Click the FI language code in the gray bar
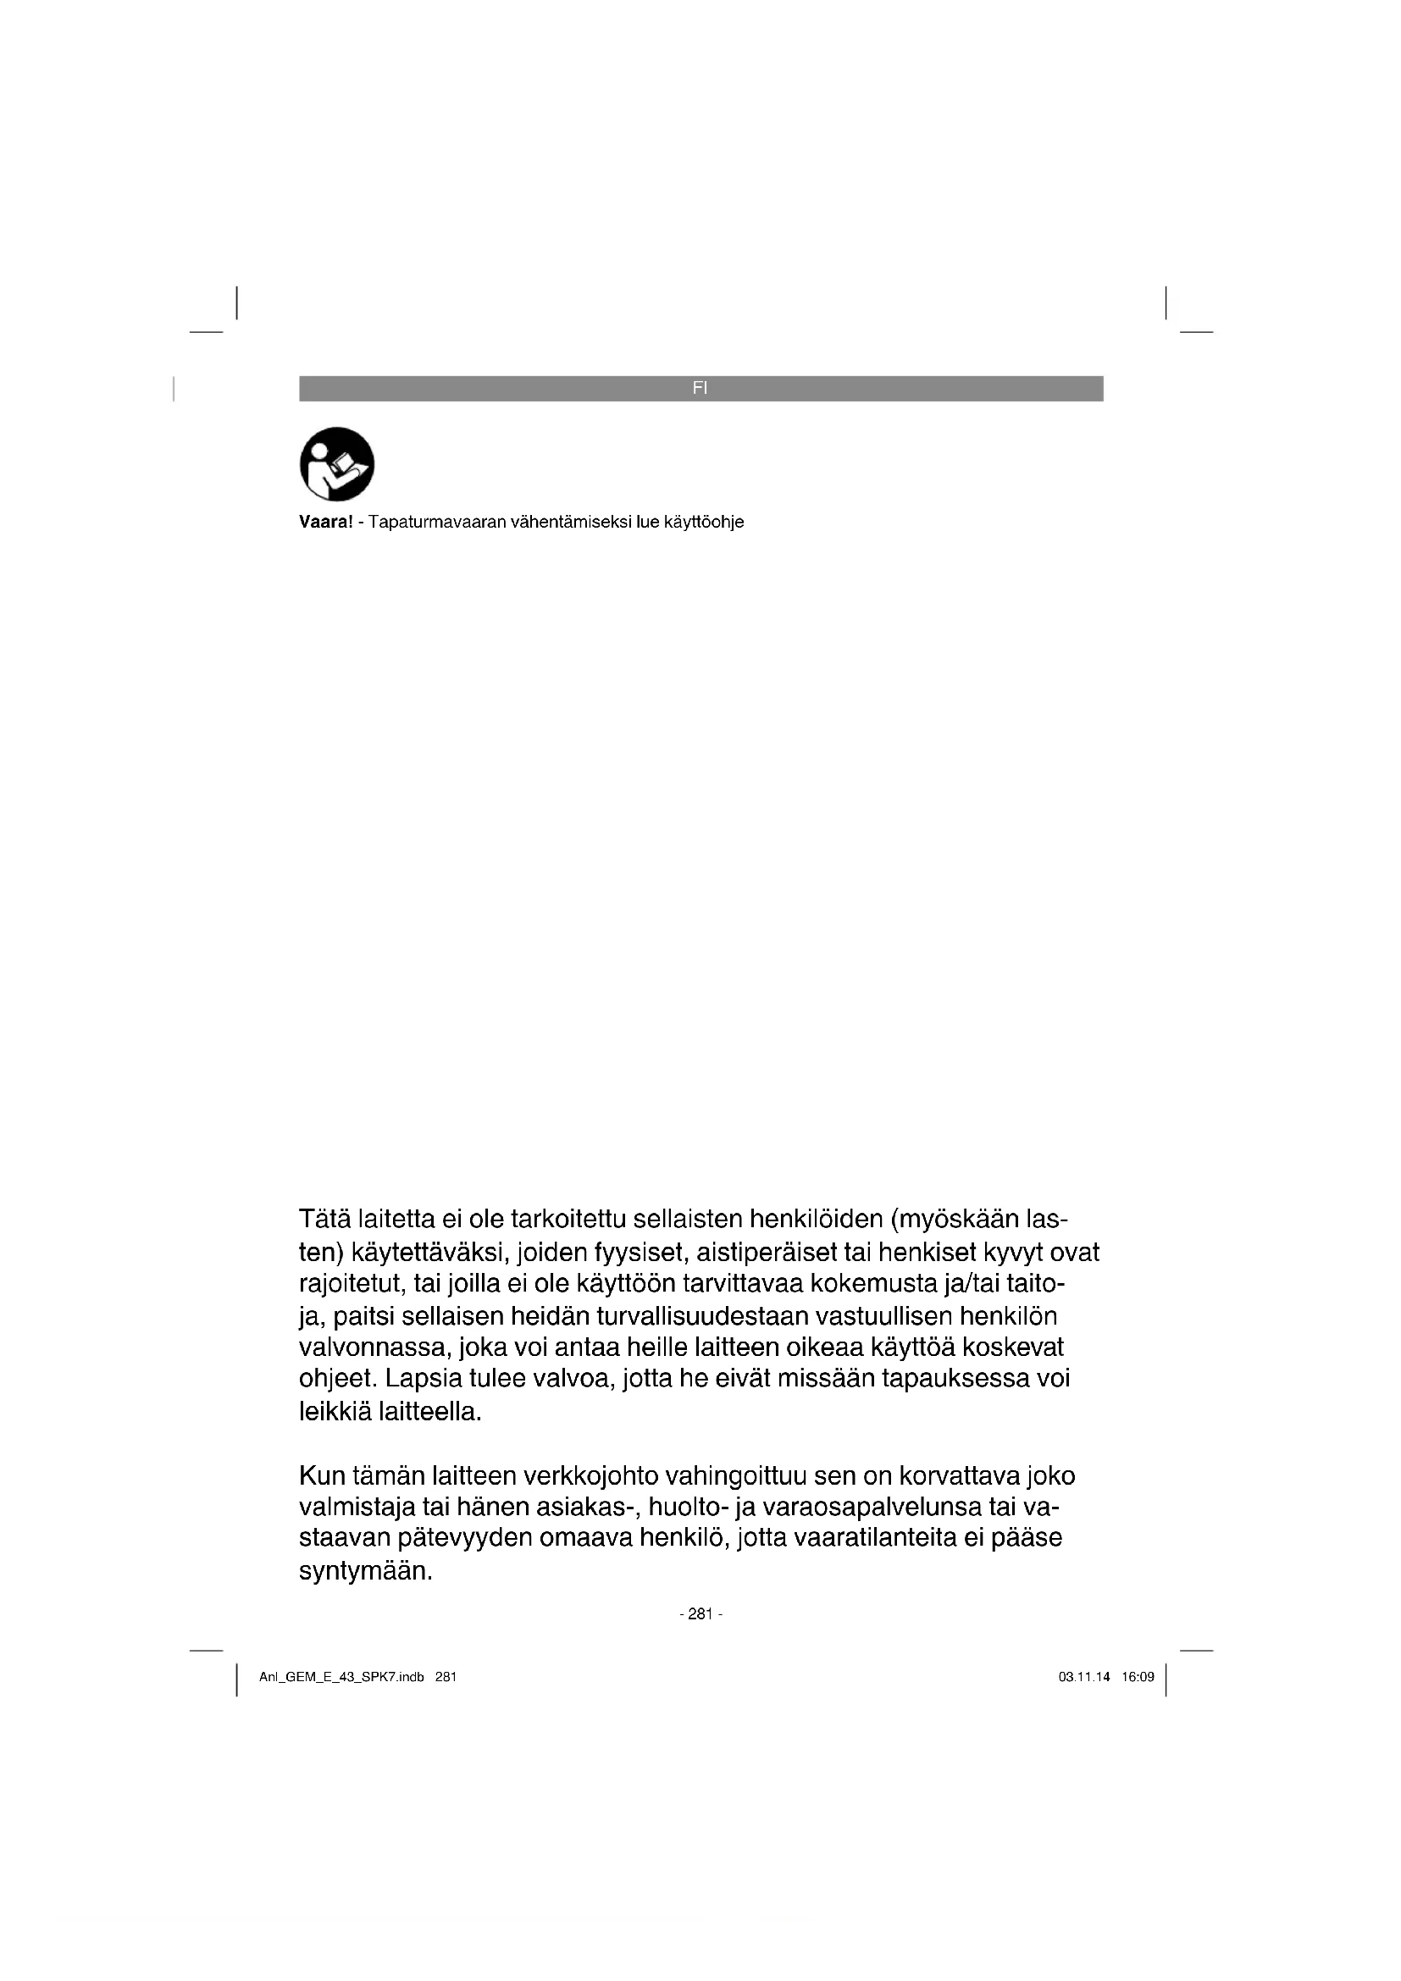point(700,388)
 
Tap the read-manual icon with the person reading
point(336,464)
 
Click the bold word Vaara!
point(326,522)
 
